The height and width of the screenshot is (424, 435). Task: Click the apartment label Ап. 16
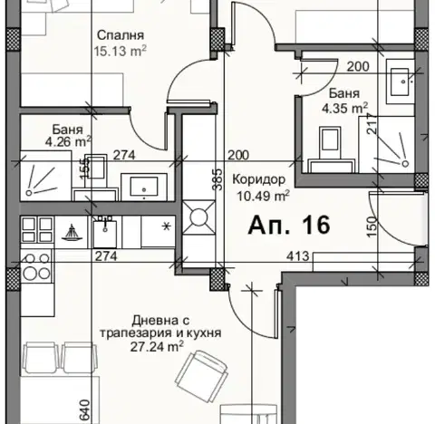tap(289, 226)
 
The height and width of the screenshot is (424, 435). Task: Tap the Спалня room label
tap(121, 35)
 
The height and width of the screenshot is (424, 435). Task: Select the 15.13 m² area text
tap(120, 51)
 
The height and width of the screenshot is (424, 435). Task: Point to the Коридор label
tap(259, 179)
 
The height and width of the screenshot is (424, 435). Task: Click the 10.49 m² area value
tap(263, 196)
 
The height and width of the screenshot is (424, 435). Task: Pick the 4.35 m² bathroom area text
tap(344, 108)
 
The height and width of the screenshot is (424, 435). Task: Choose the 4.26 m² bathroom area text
tap(68, 141)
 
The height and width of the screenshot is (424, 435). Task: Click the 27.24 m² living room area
tap(157, 346)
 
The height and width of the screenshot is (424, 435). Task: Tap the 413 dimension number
tap(298, 256)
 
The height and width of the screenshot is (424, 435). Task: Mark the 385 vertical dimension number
tap(217, 179)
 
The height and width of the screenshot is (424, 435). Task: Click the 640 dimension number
tap(85, 410)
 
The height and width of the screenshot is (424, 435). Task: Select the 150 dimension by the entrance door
tap(372, 226)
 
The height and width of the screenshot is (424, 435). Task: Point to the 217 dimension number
tap(372, 123)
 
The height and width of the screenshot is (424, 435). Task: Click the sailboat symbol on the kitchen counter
tap(72, 233)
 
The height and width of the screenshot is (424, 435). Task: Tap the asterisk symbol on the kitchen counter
tap(166, 226)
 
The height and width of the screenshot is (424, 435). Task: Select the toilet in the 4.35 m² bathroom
tap(331, 149)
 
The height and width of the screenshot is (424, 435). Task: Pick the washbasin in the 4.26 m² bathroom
tap(144, 188)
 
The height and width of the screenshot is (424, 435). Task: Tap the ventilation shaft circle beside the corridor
tap(198, 217)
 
